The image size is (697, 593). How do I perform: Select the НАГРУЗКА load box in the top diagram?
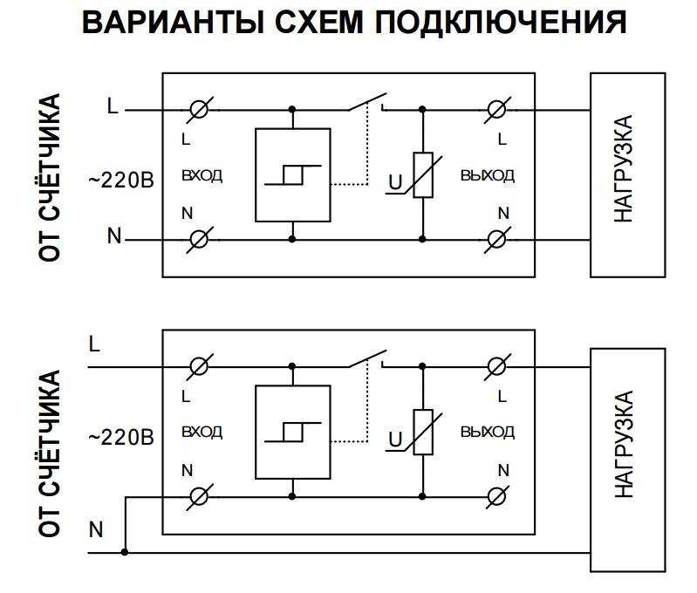tap(628, 175)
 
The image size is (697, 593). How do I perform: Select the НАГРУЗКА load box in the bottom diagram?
tap(628, 460)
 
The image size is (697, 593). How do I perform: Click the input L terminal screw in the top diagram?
tap(199, 109)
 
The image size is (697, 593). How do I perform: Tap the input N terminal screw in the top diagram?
tap(199, 240)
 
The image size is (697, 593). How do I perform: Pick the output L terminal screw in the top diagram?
tap(496, 109)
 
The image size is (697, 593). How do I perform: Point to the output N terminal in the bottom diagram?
tap(496, 496)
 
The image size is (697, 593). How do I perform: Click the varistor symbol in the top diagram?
tap(423, 175)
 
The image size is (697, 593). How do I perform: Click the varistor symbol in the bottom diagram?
tap(423, 432)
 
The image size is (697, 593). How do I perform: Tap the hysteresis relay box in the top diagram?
tap(293, 174)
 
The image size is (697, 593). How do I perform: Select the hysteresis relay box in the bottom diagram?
tap(293, 432)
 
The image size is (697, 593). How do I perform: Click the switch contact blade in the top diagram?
tap(367, 102)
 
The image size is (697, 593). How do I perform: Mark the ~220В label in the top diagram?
tap(121, 181)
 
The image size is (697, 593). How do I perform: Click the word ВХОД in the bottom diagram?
tap(202, 432)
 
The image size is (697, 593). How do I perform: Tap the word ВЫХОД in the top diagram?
tap(488, 175)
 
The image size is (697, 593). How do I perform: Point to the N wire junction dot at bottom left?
tap(125, 552)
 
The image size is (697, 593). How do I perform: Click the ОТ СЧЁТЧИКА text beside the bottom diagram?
tap(49, 453)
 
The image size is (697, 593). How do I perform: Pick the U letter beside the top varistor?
tap(395, 182)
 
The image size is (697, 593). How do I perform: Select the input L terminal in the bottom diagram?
tap(199, 367)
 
